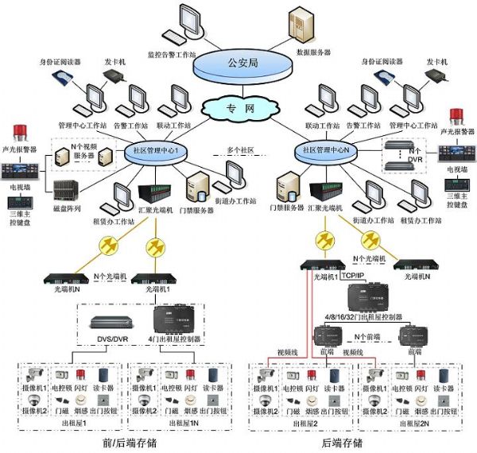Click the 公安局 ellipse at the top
tap(238, 61)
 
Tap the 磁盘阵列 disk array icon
tap(65, 188)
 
